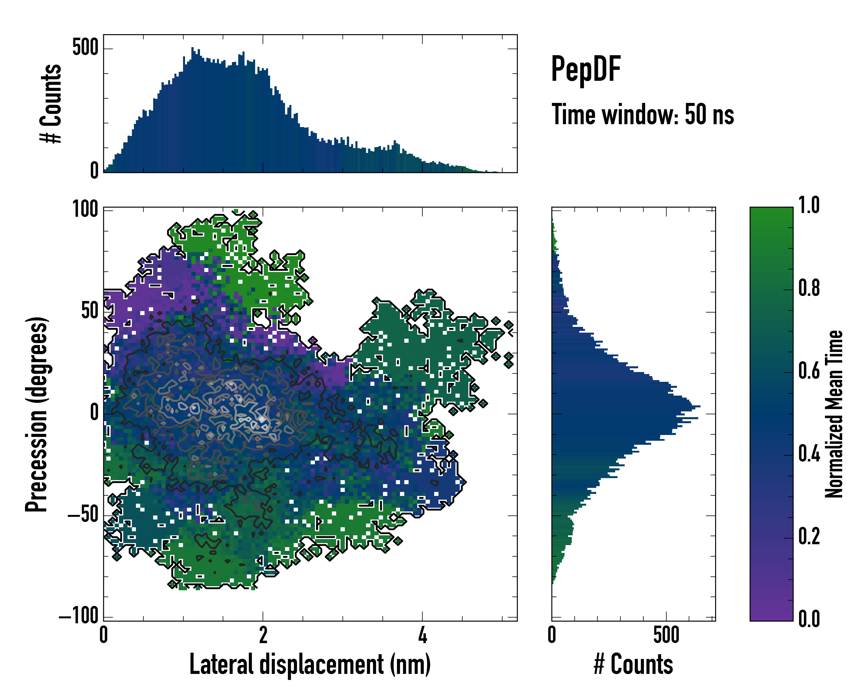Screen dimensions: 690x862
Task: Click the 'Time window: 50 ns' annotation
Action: (642, 115)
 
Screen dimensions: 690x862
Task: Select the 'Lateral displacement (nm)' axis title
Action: (310, 664)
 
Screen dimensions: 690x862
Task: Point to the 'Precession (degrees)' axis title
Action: (37, 414)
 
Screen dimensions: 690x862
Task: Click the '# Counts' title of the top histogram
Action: (51, 103)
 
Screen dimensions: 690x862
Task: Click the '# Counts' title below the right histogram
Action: (633, 664)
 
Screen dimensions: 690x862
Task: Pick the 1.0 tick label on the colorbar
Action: (809, 206)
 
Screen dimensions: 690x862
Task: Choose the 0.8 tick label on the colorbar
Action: (809, 288)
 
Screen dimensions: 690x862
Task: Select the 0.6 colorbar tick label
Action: (809, 371)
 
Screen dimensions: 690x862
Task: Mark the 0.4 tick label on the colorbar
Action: (809, 454)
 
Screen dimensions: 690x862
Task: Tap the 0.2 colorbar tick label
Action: (809, 537)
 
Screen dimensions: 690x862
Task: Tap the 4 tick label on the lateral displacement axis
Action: (423, 635)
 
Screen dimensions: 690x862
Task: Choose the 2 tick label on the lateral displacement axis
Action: (263, 635)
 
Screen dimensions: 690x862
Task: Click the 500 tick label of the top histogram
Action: (85, 48)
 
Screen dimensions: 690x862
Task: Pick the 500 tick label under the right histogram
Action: (666, 635)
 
